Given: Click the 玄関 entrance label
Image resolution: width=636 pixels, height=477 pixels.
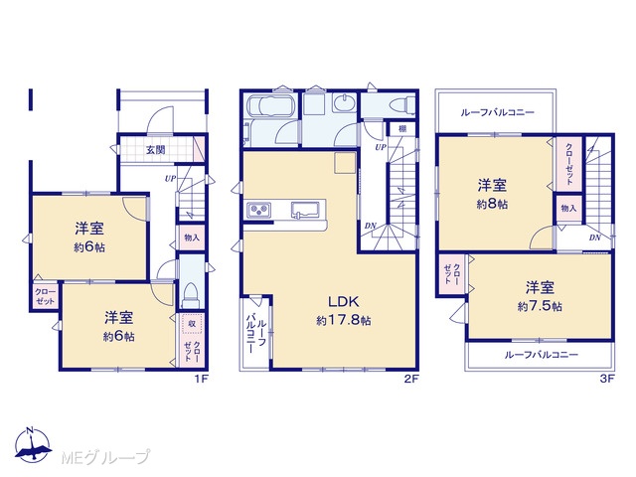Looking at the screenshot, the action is pos(156,150).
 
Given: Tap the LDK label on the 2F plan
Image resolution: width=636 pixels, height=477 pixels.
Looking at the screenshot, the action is pos(343,302).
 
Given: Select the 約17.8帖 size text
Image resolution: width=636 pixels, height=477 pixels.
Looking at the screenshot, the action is pos(344,320).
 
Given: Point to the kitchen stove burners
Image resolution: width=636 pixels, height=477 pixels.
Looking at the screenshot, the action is pos(258,210).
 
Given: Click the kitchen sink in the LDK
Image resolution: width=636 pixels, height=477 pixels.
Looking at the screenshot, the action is pos(303,210).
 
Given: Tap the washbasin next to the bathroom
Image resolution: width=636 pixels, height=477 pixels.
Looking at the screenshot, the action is pos(345,101).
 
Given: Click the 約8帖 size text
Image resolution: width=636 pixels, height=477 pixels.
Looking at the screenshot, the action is pos(492,204).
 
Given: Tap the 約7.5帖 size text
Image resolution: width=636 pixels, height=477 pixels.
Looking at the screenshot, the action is pos(540,306).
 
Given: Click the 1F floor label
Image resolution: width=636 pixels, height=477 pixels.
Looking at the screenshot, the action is pos(201,380).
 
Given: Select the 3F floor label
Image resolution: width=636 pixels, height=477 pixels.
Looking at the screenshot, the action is pos(608,379).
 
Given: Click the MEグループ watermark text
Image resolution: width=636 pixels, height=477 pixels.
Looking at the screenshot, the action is pos(106,457).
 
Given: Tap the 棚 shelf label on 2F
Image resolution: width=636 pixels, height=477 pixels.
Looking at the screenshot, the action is pos(401,129).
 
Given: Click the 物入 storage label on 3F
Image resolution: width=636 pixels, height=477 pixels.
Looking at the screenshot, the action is pos(568,208).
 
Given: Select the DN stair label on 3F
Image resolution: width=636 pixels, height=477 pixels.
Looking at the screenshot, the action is pos(594,238).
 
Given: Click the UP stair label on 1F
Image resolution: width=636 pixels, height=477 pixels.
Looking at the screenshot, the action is pos(170,178).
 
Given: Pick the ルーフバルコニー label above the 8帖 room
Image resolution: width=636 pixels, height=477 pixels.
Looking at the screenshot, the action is pos(497,112).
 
